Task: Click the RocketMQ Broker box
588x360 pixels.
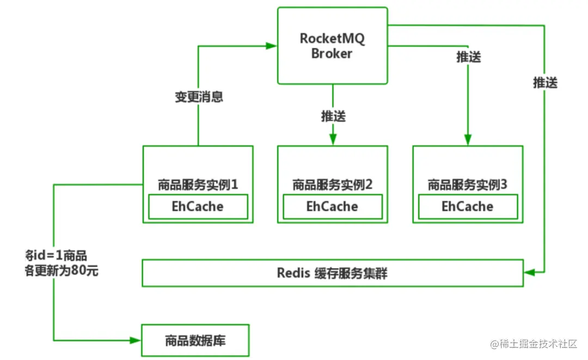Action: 332,46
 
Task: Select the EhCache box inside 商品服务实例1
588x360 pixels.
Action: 198,207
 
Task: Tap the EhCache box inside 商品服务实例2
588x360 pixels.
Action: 332,207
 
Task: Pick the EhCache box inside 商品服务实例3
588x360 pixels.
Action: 467,207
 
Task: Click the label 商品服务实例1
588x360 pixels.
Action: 198,185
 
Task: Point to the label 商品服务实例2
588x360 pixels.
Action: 332,185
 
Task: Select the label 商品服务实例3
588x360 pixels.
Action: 467,185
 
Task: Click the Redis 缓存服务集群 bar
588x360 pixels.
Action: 332,273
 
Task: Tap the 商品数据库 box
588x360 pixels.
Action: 195,341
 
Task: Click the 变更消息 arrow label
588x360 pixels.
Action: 199,97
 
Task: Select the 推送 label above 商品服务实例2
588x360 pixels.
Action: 333,116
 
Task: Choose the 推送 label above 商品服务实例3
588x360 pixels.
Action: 468,57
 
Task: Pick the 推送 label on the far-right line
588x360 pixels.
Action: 545,83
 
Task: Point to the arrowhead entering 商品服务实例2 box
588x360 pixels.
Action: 333,140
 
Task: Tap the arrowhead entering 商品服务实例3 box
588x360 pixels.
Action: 467,140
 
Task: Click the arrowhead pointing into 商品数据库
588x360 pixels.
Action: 136,340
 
